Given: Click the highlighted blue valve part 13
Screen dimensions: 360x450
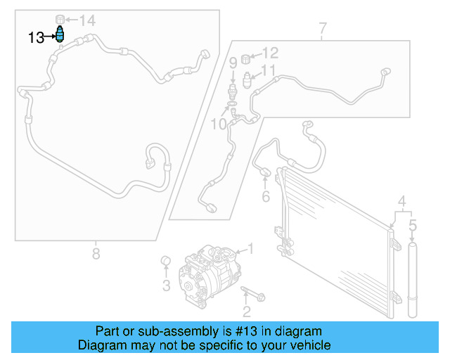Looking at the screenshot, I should tap(60, 35).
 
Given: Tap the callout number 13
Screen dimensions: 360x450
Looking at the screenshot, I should tap(36, 37).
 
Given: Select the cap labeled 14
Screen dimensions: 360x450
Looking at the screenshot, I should tap(60, 17).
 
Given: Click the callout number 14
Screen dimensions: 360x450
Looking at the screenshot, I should tap(86, 20).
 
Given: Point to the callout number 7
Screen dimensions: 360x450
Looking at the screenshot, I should tap(322, 29).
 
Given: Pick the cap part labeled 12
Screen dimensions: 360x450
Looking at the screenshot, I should tap(247, 58).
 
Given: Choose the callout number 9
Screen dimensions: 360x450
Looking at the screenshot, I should tap(233, 63).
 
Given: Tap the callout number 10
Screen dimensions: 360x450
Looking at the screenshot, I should tap(219, 124).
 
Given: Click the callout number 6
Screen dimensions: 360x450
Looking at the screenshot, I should tap(266, 196).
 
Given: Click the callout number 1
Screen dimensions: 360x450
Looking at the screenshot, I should tap(250, 248).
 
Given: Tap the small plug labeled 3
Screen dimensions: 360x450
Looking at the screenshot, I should tap(167, 263).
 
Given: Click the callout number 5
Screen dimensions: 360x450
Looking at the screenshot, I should tap(413, 225).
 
